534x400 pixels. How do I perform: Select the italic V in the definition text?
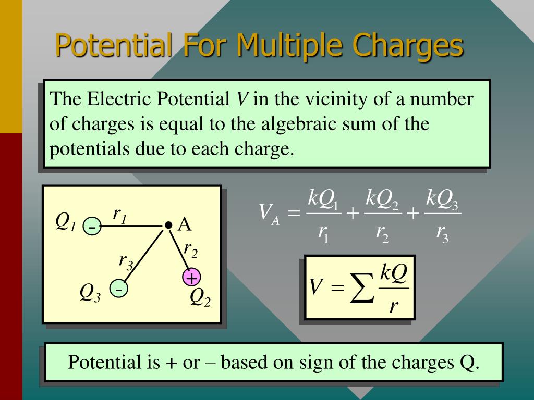point(241,99)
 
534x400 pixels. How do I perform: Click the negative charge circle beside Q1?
point(91,228)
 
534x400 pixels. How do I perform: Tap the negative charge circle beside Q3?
point(118,289)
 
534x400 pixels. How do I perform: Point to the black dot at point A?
point(168,225)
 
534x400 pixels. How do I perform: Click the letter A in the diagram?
point(185,224)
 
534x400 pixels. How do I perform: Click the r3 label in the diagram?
point(126,260)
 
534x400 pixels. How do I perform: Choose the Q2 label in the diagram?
point(200,297)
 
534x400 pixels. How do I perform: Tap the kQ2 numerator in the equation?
point(382,199)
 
